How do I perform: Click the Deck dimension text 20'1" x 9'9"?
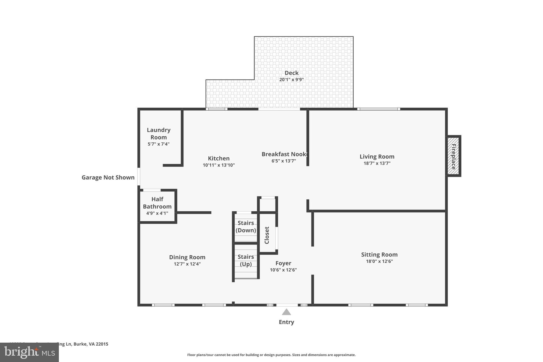tap(291, 80)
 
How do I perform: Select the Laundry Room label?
tap(159, 133)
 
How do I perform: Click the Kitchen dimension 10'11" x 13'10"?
tap(219, 165)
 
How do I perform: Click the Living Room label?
tap(377, 156)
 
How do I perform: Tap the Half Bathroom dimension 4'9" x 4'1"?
tap(157, 213)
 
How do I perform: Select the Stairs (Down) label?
tap(246, 226)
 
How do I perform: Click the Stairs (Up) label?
tap(246, 260)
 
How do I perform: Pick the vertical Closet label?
tap(267, 235)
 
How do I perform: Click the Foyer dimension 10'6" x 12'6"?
tap(283, 270)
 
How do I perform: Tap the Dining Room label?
tap(187, 257)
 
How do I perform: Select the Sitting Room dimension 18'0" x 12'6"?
tap(379, 261)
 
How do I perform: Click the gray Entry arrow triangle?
tap(286, 312)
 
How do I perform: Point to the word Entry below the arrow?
tap(286, 322)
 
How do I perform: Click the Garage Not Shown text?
tap(108, 177)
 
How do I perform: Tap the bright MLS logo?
tap(29, 352)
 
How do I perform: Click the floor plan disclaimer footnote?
tap(271, 355)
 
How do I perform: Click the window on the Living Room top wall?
tap(378, 109)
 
